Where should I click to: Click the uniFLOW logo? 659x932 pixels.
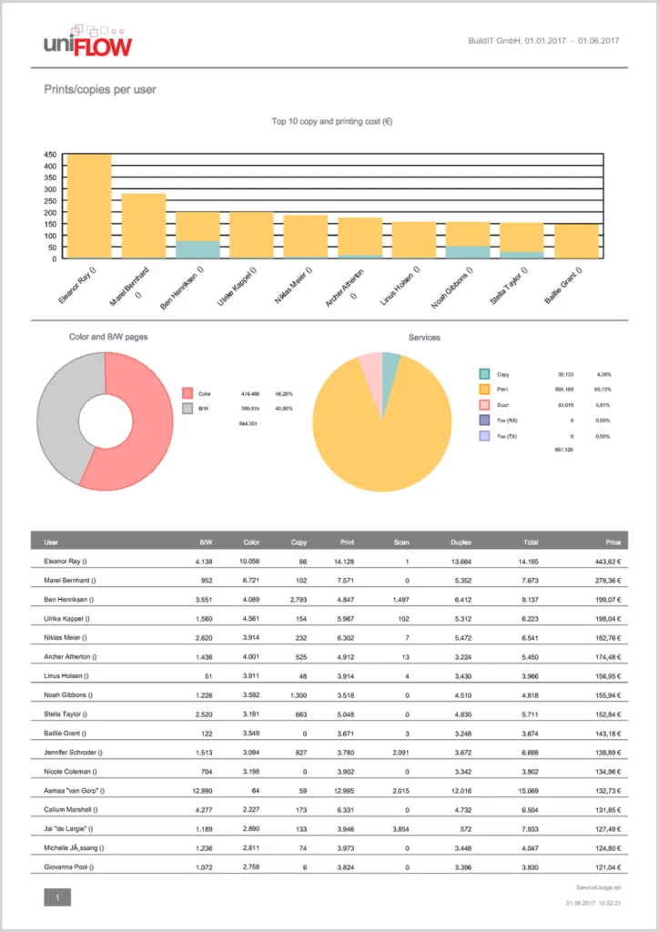(x=87, y=42)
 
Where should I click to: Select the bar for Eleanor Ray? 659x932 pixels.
(x=89, y=207)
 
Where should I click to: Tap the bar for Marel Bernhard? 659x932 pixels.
(x=144, y=226)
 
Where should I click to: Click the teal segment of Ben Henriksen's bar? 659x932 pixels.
(x=198, y=249)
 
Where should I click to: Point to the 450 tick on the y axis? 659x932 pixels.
(x=50, y=155)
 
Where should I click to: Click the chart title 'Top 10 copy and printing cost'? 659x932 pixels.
(x=331, y=121)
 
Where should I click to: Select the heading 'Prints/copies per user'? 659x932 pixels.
(x=100, y=90)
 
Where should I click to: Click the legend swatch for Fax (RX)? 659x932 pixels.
(x=485, y=420)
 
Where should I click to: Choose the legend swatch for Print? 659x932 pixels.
(x=485, y=390)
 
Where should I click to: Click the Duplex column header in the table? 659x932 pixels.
(x=461, y=542)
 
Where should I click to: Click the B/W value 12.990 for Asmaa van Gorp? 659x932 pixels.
(x=198, y=790)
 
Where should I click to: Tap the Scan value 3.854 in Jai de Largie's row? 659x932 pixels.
(x=396, y=829)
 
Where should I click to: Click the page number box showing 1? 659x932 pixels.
(x=57, y=898)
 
